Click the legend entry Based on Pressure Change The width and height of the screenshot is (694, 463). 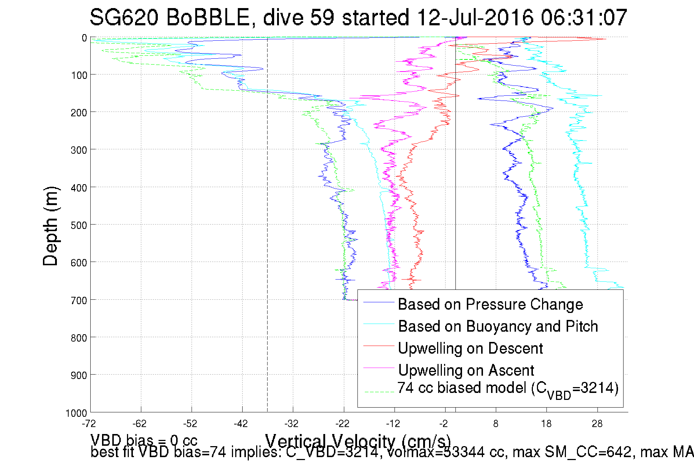click(490, 305)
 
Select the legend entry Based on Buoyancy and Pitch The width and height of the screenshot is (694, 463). click(498, 327)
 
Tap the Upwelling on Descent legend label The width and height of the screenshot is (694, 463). click(470, 349)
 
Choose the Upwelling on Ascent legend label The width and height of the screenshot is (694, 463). click(466, 371)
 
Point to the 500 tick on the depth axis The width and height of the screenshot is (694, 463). click(79, 225)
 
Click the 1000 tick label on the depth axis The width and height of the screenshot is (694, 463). click(76, 413)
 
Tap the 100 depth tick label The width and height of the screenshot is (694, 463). click(79, 76)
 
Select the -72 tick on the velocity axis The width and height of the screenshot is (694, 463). click(89, 424)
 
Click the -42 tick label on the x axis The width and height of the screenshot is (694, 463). click(241, 424)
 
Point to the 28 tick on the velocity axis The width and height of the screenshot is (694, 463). click(597, 424)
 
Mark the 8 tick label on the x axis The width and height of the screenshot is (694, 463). click(496, 424)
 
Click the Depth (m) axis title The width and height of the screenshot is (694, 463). click(50, 226)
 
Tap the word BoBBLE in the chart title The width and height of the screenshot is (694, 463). click(208, 18)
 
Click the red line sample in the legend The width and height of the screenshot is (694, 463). click(378, 346)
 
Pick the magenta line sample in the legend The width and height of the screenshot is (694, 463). click(378, 368)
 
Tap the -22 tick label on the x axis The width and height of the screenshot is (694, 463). click(342, 424)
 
